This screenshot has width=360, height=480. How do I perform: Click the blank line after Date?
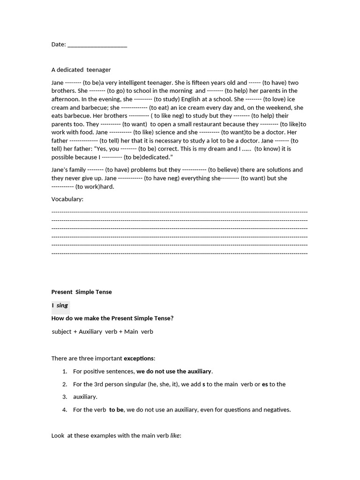[97, 45]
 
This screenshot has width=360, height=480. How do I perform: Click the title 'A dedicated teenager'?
[81, 70]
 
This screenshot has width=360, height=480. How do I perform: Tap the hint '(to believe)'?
[224, 170]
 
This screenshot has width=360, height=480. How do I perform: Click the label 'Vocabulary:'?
[67, 199]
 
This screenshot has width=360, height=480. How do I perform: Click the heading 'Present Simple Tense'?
[82, 292]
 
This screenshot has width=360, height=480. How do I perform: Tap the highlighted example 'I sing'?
[60, 306]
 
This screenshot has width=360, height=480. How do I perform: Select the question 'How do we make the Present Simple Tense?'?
[112, 319]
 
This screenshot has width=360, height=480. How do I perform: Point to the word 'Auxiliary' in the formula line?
[90, 332]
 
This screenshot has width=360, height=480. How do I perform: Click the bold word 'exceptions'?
[138, 359]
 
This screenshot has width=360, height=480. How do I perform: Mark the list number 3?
[65, 397]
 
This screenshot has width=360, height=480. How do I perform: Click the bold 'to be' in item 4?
[116, 410]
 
